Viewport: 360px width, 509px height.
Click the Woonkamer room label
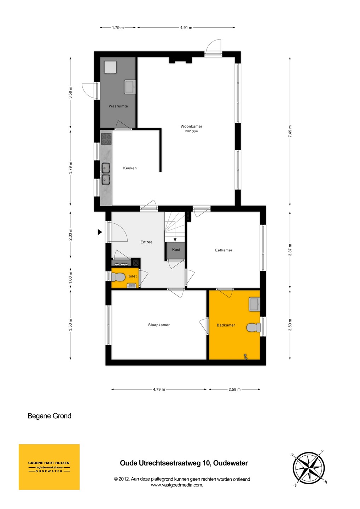point(191,126)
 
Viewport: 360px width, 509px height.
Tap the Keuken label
point(130,168)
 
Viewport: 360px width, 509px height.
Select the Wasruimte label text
point(118,106)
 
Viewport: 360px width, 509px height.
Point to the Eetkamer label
point(223,250)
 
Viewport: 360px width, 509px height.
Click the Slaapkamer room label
point(159,325)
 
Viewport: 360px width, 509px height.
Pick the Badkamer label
point(226,325)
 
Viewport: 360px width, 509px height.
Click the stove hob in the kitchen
point(106,139)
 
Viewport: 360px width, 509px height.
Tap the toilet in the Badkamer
point(254,328)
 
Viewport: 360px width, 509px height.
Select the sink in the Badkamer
point(255,304)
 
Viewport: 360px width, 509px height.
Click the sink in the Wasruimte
point(130,87)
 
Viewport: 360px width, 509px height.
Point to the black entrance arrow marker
point(100,232)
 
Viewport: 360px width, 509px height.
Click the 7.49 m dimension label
point(290,131)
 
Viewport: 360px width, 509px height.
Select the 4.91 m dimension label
point(186,28)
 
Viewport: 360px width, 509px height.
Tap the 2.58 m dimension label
point(234,390)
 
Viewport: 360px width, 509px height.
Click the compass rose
point(309,468)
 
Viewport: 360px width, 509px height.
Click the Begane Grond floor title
point(49,416)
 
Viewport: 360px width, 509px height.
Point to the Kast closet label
point(176,250)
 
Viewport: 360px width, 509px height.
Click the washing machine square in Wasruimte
point(110,67)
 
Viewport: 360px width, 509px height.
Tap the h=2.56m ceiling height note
point(192,131)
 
